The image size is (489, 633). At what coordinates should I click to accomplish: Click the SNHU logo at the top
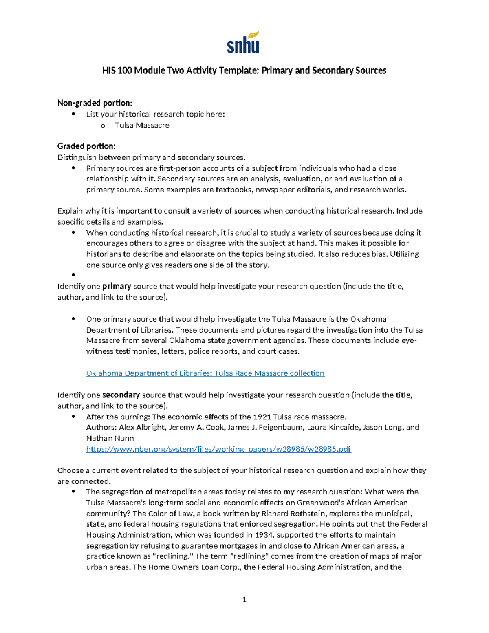243,42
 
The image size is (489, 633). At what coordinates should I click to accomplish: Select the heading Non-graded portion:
95,103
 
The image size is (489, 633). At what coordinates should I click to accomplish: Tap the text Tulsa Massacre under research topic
142,125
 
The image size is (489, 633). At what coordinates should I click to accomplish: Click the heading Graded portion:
86,146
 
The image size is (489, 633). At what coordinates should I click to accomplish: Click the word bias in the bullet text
379,254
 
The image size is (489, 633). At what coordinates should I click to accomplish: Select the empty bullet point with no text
73,276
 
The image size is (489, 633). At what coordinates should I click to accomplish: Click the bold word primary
117,286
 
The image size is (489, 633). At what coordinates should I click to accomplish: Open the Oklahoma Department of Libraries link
205,373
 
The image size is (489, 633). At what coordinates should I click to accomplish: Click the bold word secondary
121,395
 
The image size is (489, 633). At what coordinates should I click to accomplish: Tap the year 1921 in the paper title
262,417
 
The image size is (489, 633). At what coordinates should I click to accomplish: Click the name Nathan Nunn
110,438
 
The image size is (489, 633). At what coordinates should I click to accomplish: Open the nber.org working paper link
218,449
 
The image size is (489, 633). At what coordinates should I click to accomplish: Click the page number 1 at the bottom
244,599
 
